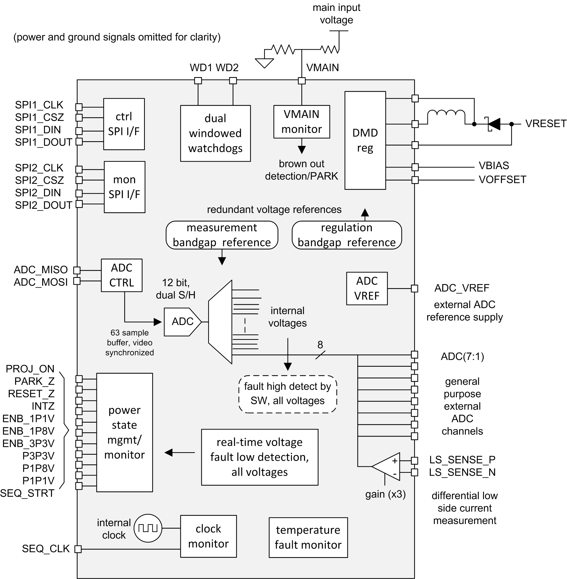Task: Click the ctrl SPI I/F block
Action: pyautogui.click(x=124, y=124)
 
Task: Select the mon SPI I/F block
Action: pyautogui.click(x=124, y=187)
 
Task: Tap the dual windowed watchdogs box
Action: pyautogui.click(x=215, y=133)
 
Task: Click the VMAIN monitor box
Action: pyautogui.click(x=302, y=122)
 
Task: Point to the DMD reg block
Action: pyautogui.click(x=365, y=140)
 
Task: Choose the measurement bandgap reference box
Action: pyautogui.click(x=222, y=235)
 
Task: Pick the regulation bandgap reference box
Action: pyautogui.click(x=347, y=235)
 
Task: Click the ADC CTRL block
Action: pyautogui.click(x=121, y=275)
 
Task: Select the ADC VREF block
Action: pyautogui.click(x=367, y=288)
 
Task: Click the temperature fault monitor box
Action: pyautogui.click(x=308, y=537)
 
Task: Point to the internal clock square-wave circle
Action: pyautogui.click(x=148, y=528)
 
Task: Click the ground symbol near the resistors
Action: pyautogui.click(x=264, y=63)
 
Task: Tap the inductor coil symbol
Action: pyautogui.click(x=446, y=114)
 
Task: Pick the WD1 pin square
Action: pyautogui.click(x=198, y=81)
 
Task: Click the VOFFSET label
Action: pyautogui.click(x=502, y=180)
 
